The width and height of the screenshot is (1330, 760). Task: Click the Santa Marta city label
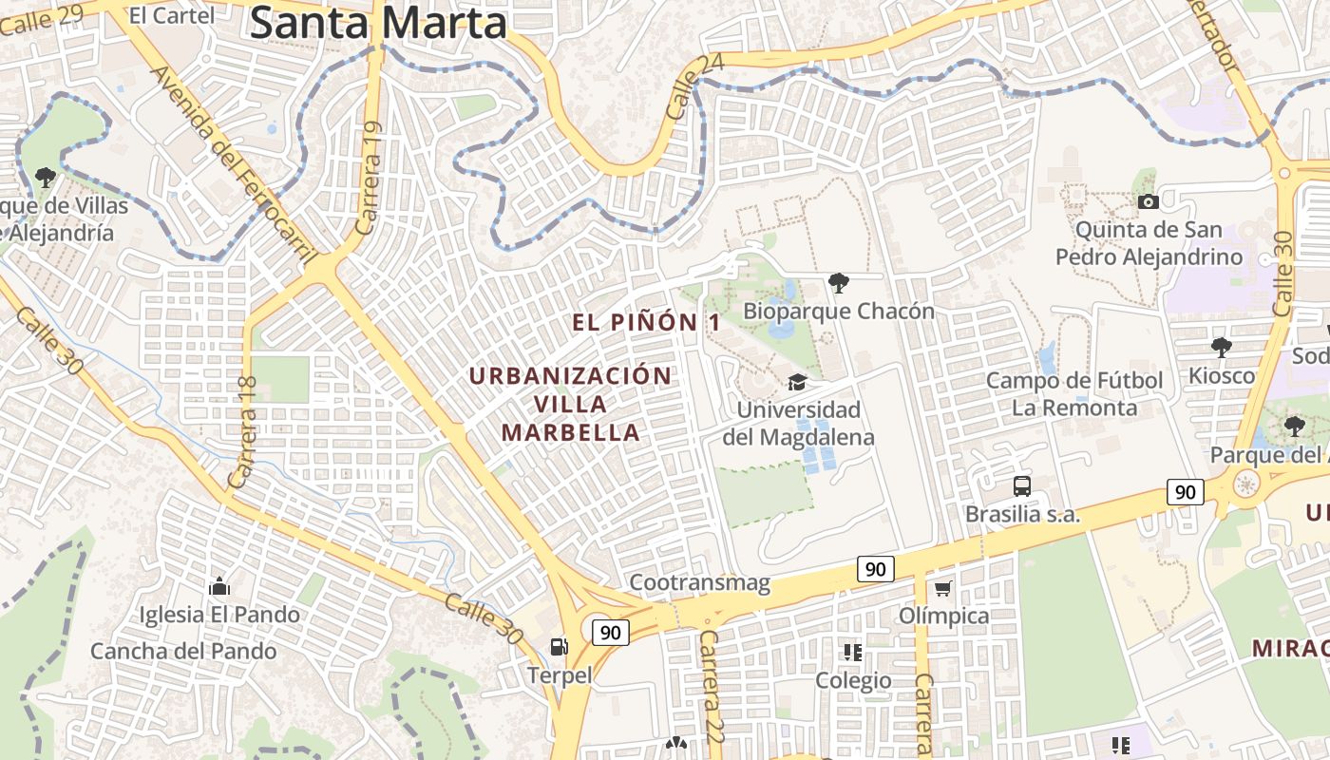378,23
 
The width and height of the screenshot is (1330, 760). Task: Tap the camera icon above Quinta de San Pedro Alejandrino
1148,201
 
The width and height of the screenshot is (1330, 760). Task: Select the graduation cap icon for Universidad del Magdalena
797,382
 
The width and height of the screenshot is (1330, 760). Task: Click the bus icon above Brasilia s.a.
1022,486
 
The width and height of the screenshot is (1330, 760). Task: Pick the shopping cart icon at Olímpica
942,589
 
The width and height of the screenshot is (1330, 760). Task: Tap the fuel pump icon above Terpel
559,647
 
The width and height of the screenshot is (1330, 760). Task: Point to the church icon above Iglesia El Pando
219,586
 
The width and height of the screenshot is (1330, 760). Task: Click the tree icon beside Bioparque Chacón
838,282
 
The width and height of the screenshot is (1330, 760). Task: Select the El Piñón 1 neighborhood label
646,323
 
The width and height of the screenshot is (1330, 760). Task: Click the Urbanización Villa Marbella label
570,404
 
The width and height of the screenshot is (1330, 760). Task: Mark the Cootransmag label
699,582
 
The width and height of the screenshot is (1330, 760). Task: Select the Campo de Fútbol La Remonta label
1074,394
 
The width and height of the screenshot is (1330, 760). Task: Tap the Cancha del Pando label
183,651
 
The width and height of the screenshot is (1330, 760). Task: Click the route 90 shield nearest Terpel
610,632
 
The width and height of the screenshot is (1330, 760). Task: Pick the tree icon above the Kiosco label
1221,347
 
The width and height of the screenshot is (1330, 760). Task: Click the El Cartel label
171,14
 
